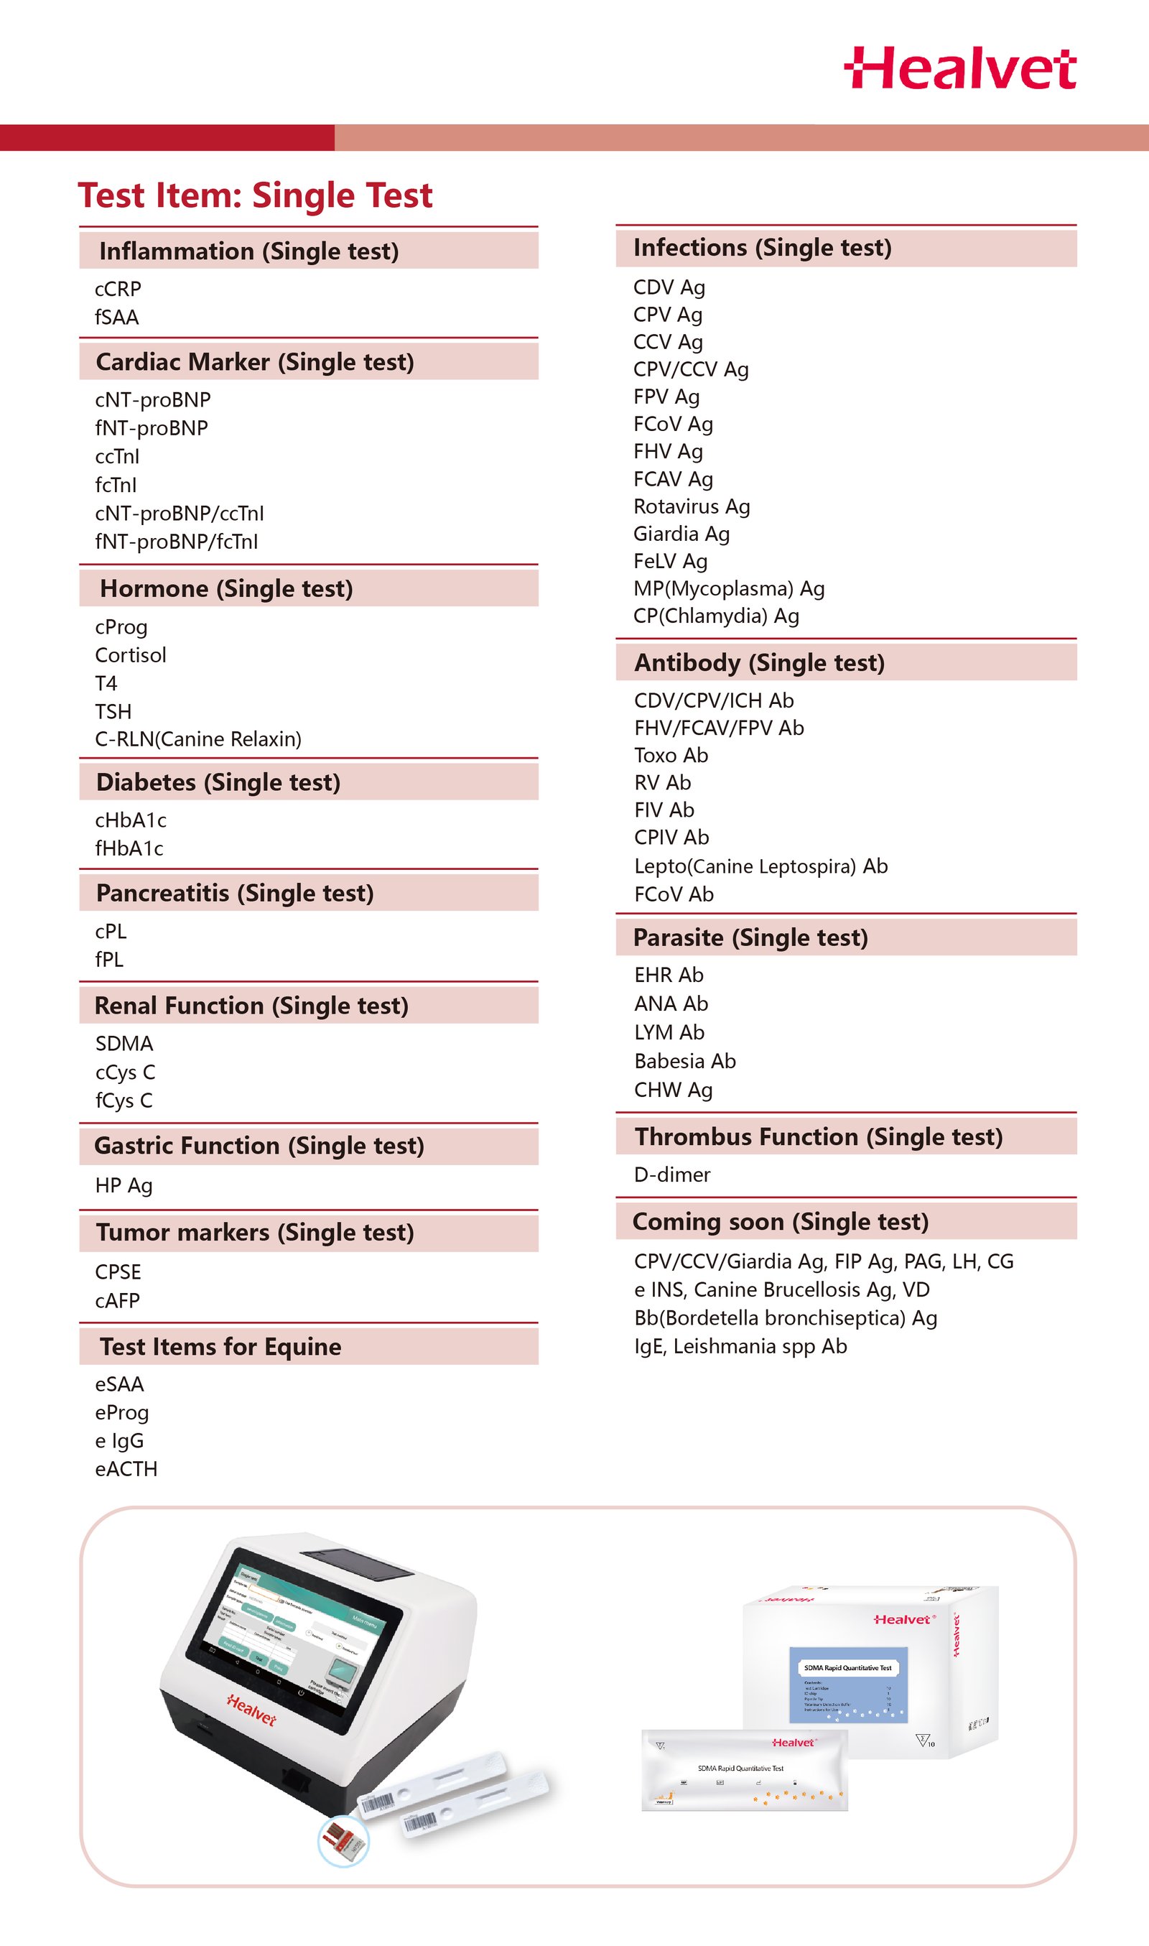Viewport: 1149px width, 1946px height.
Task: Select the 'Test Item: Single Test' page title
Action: click(x=255, y=195)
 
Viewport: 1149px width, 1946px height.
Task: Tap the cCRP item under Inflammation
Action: click(x=118, y=289)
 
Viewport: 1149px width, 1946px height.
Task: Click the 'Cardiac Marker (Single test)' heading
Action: click(x=255, y=361)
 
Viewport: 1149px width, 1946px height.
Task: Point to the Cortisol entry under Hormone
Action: click(x=130, y=655)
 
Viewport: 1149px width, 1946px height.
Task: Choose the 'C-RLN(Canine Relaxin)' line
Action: click(x=198, y=738)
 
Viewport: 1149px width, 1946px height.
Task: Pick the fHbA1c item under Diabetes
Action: click(x=129, y=848)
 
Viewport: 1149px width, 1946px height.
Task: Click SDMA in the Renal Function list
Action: click(x=124, y=1043)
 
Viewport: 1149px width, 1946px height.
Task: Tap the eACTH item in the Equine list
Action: click(x=126, y=1469)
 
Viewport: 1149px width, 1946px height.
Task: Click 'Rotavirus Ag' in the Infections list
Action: click(x=691, y=506)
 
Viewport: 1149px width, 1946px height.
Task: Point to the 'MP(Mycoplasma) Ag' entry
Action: click(x=729, y=588)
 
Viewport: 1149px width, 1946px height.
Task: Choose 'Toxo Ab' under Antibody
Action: click(x=671, y=755)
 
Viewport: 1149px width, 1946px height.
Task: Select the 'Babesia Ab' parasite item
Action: click(x=684, y=1061)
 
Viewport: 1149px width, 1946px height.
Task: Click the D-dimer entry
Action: click(x=671, y=1174)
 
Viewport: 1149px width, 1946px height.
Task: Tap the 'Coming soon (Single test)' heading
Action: click(x=780, y=1221)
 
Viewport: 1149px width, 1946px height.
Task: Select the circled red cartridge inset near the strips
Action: click(x=343, y=1841)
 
